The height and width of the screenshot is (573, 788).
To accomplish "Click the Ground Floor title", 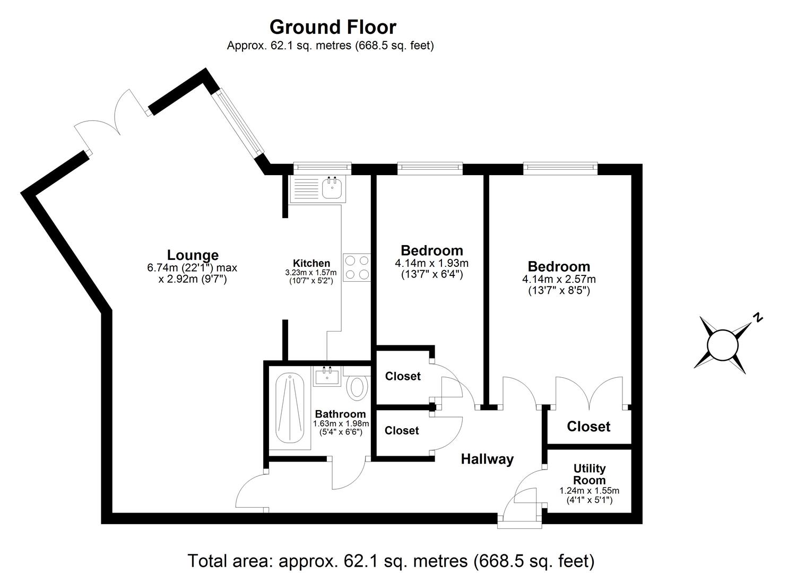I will pos(333,27).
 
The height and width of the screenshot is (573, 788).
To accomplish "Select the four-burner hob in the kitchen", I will pos(357,267).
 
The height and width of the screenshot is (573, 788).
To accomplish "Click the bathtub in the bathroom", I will pos(289,408).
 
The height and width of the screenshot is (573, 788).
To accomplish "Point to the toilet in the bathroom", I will pos(357,387).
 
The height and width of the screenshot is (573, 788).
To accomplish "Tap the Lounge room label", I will pos(193,255).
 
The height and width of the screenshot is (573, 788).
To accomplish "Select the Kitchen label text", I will pos(311,263).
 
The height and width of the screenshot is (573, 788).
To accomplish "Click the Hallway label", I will pos(487,459).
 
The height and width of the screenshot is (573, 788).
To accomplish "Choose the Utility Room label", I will pos(590,474).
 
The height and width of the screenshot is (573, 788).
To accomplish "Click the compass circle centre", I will pos(722,344).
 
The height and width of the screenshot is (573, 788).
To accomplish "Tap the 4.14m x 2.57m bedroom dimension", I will pos(559,279).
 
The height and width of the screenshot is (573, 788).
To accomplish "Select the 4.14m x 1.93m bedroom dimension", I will pos(431,263).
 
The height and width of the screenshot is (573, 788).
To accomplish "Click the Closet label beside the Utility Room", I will pos(588,427).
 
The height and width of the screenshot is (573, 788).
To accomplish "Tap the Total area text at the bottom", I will pos(391,560).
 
